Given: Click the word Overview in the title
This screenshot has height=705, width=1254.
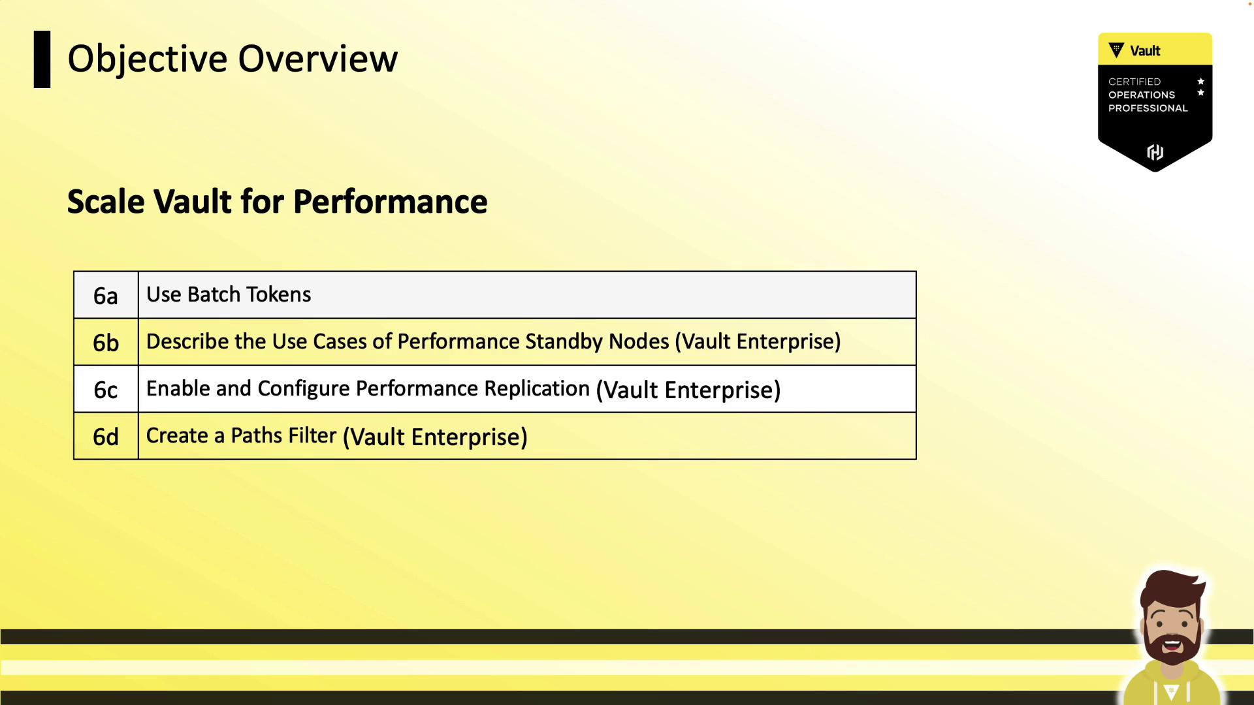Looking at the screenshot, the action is tap(318, 59).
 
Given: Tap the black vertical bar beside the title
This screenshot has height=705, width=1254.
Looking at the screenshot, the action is tap(42, 59).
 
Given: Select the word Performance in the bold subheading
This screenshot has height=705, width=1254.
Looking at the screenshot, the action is tap(391, 202).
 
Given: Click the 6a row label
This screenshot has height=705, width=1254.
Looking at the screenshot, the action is tap(106, 296).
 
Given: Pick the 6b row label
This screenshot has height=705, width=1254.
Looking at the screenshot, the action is tap(106, 343).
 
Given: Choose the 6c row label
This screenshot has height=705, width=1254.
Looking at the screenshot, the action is tap(106, 390).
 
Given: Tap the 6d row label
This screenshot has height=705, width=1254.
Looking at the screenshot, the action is tap(106, 437).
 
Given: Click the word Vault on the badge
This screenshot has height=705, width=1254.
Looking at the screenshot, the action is tap(1145, 51).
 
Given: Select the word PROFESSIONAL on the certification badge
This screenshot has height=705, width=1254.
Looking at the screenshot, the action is tap(1148, 108).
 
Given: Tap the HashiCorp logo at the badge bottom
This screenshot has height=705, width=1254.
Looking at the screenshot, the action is tap(1155, 152).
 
